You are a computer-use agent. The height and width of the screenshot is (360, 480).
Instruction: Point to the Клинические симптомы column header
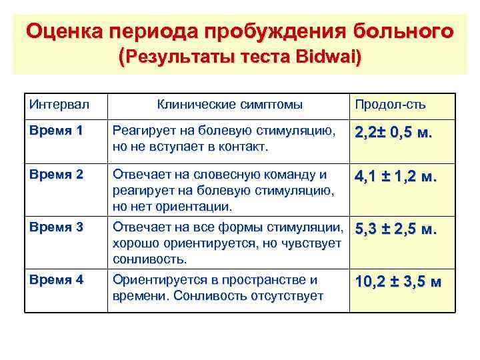click(x=229, y=105)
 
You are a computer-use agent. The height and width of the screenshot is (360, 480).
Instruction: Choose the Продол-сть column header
click(x=390, y=105)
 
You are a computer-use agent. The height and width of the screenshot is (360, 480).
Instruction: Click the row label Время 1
click(x=56, y=131)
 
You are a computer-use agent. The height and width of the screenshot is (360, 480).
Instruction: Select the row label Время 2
click(x=56, y=175)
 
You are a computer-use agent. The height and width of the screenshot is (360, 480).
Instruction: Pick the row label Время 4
click(x=56, y=280)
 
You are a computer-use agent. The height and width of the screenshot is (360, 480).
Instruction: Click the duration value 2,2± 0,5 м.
click(x=394, y=133)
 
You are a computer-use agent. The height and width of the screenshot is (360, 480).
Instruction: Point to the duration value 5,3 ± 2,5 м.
click(x=396, y=230)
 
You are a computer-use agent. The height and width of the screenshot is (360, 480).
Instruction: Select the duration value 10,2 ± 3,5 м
click(x=398, y=281)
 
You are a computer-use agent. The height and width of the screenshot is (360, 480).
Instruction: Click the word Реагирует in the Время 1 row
click(x=140, y=131)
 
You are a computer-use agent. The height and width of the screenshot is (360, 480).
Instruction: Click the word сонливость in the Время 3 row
click(x=149, y=258)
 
